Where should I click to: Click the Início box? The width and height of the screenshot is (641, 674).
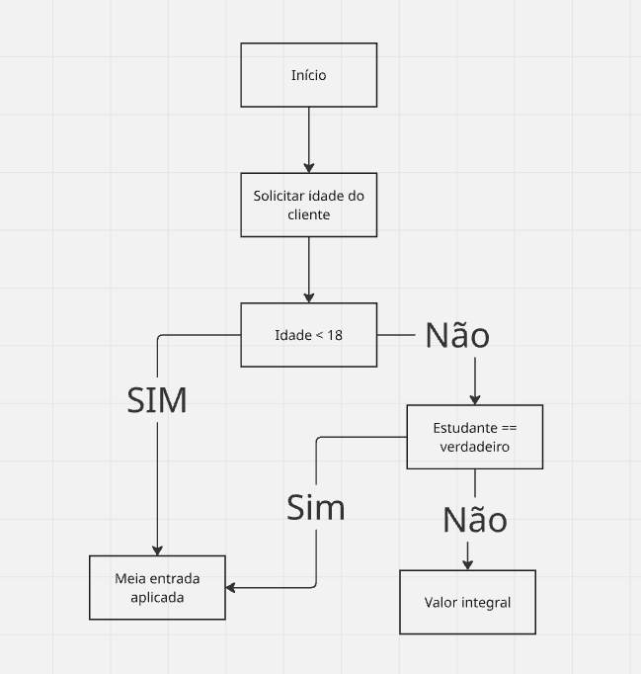click(308, 75)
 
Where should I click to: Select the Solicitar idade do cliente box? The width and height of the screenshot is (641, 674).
click(308, 205)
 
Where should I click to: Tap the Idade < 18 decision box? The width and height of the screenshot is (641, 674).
click(308, 335)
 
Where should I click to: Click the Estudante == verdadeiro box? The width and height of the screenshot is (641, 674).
click(474, 437)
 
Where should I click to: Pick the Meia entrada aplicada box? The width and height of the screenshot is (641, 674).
click(157, 587)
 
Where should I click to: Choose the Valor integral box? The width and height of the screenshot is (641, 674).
click(467, 602)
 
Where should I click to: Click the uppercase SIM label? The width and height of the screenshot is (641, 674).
click(158, 398)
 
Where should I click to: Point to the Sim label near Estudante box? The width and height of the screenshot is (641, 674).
click(315, 507)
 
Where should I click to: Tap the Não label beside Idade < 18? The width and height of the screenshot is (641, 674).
click(457, 335)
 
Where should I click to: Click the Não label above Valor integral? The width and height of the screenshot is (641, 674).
click(474, 519)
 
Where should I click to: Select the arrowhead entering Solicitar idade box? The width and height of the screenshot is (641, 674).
click(309, 167)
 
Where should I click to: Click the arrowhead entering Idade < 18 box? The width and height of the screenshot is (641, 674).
click(309, 296)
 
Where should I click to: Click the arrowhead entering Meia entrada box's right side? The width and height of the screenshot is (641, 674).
click(232, 587)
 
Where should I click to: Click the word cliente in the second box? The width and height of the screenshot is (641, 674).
click(308, 213)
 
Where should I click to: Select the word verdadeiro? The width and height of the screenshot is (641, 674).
click(474, 447)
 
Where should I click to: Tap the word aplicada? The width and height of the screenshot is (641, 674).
click(157, 597)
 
